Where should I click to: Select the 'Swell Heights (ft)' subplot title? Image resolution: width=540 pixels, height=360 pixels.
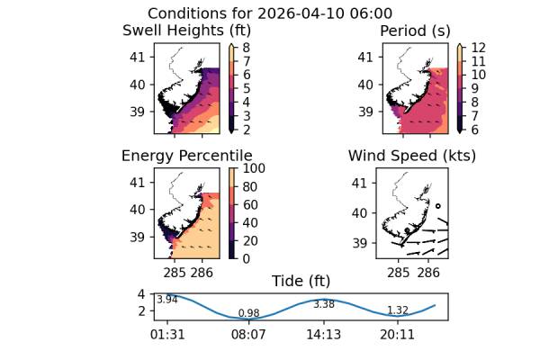point(185,31)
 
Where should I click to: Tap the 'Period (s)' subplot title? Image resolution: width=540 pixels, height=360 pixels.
point(415,31)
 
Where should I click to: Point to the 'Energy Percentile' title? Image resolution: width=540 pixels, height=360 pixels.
point(186,156)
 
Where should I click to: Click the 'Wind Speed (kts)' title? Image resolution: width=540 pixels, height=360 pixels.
point(412,156)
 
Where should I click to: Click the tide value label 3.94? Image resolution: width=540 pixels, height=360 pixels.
point(166,300)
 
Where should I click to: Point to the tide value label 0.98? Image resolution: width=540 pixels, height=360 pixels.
point(248,313)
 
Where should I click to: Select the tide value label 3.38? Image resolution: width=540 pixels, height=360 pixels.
point(324,304)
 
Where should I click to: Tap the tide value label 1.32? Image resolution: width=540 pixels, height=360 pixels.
point(398,310)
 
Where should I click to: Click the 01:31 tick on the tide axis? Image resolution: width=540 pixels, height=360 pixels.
point(167,334)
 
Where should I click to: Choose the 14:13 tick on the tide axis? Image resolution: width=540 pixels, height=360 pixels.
point(323,334)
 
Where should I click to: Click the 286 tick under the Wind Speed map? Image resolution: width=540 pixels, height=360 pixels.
point(428,271)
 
